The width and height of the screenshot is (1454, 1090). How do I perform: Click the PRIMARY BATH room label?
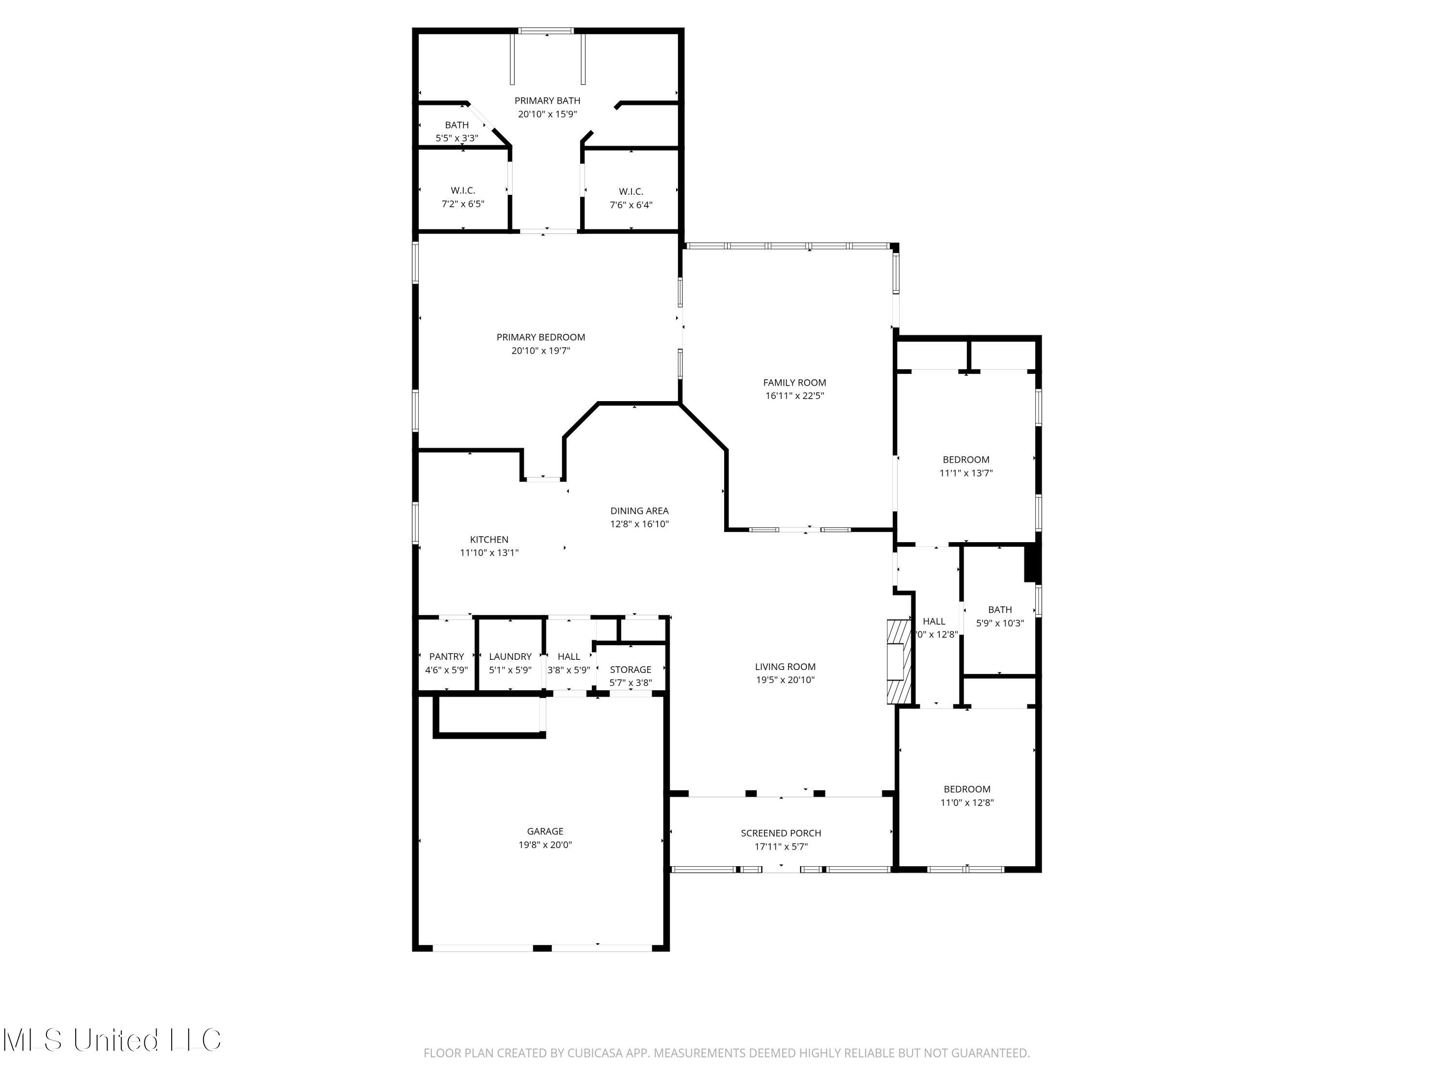click(547, 101)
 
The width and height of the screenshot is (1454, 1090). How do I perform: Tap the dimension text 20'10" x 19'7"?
click(540, 351)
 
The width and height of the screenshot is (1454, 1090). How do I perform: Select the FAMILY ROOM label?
click(794, 382)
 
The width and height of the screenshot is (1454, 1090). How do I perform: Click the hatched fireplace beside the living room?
click(898, 662)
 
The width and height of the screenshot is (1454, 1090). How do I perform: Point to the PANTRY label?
click(446, 656)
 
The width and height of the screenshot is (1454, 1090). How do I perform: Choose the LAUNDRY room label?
click(510, 656)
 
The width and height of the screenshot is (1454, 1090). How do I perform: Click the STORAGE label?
click(631, 670)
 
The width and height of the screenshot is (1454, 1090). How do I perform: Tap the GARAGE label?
click(545, 831)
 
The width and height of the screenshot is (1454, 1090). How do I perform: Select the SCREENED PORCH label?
click(781, 833)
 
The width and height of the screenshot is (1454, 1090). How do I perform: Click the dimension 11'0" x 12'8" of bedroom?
click(967, 802)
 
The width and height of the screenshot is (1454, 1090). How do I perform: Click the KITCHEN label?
click(489, 539)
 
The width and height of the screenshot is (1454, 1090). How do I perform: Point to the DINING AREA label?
click(639, 511)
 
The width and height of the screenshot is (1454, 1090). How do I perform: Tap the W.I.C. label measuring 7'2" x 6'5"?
click(463, 190)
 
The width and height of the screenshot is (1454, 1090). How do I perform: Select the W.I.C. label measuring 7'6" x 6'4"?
click(631, 192)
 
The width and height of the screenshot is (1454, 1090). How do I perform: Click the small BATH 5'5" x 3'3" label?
click(457, 125)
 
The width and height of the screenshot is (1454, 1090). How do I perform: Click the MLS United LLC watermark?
click(112, 1040)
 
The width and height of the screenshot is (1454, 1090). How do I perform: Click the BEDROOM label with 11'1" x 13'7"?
click(965, 459)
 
